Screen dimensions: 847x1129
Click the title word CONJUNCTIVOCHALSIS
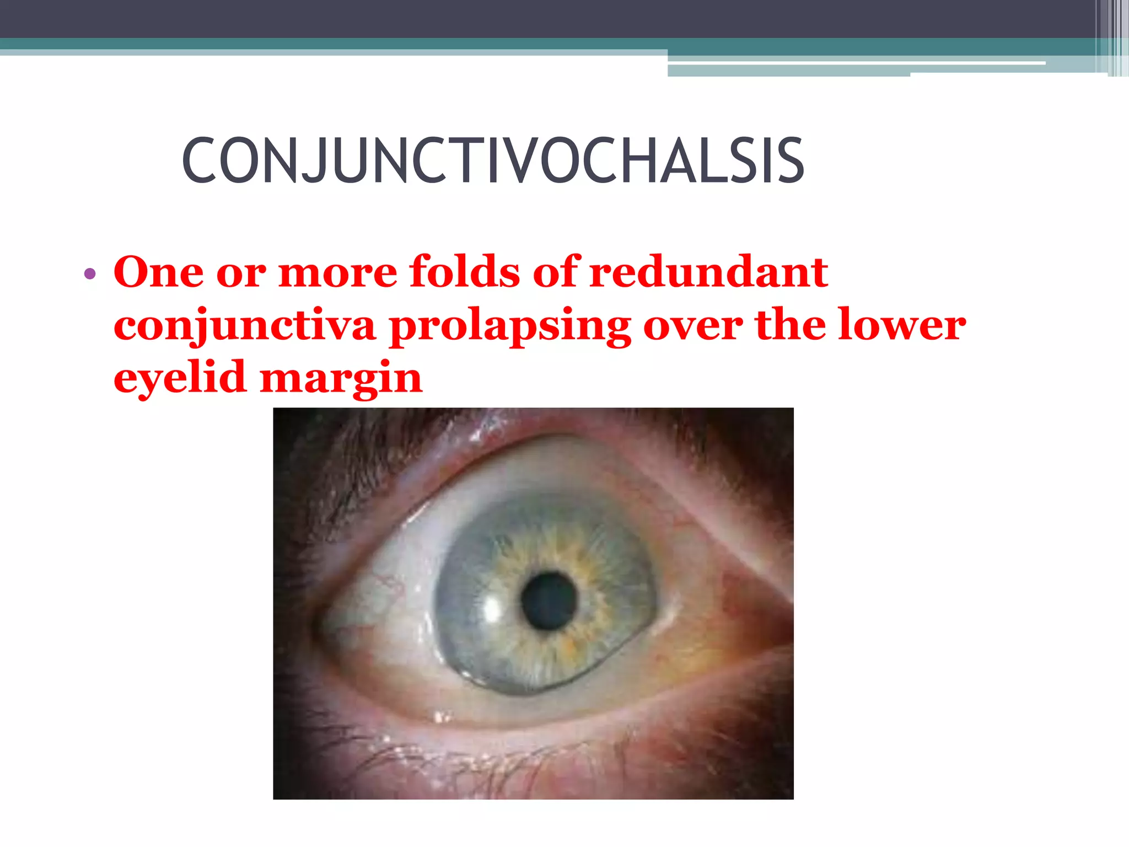(x=493, y=160)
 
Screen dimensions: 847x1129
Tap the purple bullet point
(x=90, y=274)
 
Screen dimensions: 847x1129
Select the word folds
(x=464, y=272)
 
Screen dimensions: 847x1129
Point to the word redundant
(x=708, y=272)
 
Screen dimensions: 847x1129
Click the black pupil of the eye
(x=549, y=601)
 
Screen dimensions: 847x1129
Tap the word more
(x=337, y=273)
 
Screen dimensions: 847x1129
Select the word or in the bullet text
(x=241, y=273)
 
